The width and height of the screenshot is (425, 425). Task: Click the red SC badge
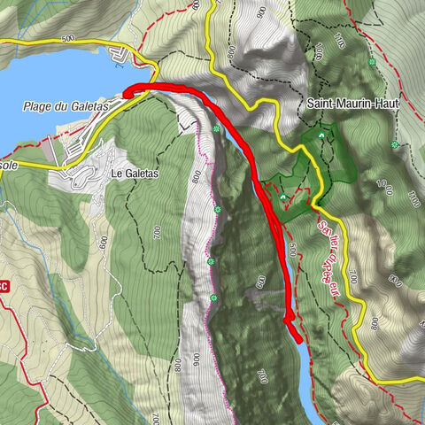(4, 286)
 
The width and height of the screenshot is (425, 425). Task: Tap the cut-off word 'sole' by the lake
(9, 166)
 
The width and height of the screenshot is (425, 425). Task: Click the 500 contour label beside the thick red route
(292, 250)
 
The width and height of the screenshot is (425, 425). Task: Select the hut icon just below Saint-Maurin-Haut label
(321, 136)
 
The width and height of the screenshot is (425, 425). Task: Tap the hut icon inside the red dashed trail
(283, 198)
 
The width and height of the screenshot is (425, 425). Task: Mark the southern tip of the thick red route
(298, 338)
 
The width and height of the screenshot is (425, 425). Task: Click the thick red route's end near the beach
(127, 90)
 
